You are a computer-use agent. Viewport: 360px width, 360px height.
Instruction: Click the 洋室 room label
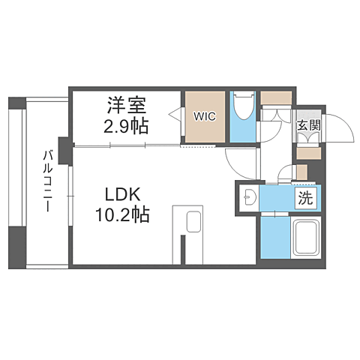[x=127, y=105]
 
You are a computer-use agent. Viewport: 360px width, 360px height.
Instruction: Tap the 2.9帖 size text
[x=126, y=126]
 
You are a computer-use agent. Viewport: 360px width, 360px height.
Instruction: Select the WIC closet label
[x=205, y=116]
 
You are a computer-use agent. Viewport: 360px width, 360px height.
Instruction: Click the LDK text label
[x=122, y=195]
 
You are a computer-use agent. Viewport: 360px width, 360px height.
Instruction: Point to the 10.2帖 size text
[x=122, y=214]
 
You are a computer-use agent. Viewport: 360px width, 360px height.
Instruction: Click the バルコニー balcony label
[x=48, y=181]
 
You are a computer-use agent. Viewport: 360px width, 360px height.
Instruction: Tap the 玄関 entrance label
[x=309, y=125]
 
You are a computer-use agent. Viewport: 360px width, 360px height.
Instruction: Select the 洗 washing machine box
[x=306, y=198]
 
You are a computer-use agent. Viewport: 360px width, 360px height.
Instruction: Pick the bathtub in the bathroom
[x=306, y=238]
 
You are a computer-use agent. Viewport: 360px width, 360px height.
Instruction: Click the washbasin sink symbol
[x=248, y=197]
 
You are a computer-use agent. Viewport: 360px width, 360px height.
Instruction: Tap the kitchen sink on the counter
[x=194, y=222]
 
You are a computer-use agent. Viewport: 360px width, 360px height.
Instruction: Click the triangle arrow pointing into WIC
[x=175, y=115]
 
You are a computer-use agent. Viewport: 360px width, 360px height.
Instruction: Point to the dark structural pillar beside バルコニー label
[x=65, y=151]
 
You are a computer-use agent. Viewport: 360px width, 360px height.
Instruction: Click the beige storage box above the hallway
[x=276, y=98]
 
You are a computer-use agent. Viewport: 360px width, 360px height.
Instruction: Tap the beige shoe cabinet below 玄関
[x=309, y=153]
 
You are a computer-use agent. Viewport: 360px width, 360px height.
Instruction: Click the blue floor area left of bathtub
[x=275, y=238]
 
